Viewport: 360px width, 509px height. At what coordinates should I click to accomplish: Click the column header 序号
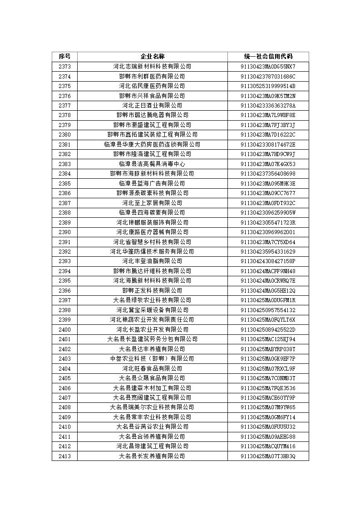pos(64,57)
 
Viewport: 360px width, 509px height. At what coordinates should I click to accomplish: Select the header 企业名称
pos(152,57)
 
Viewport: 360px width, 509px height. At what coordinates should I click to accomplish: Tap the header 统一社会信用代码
pos(268,57)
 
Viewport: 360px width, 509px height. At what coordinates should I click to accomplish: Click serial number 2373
pos(64,67)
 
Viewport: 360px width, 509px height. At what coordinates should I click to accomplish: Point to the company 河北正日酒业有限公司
pos(152,106)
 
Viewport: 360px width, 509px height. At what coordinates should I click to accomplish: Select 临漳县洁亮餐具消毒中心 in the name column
pos(152,164)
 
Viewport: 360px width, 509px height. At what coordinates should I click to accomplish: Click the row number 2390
pos(64,232)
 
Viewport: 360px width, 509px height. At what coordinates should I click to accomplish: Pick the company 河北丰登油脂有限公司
pos(152,261)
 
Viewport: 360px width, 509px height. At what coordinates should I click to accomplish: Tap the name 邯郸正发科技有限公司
pos(152,291)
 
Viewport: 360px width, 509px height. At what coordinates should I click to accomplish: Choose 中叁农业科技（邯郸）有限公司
pos(152,359)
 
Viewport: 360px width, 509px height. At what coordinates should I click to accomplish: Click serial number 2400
pos(64,330)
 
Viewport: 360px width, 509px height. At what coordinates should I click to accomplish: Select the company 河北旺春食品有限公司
pos(152,369)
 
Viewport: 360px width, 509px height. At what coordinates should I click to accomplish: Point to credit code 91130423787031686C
pos(268,77)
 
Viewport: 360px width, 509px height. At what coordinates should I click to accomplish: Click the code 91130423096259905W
pos(268,213)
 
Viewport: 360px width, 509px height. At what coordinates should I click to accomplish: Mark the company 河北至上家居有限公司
pos(152,203)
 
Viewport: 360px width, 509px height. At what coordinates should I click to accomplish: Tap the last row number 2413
pos(64,456)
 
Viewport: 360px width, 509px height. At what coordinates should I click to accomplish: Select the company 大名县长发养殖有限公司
pos(152,456)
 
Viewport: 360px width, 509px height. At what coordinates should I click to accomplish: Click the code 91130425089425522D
pos(268,330)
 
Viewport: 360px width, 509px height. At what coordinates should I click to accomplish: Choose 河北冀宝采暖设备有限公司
pos(152,310)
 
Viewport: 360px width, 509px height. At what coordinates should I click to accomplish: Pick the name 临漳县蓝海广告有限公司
pos(152,184)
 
